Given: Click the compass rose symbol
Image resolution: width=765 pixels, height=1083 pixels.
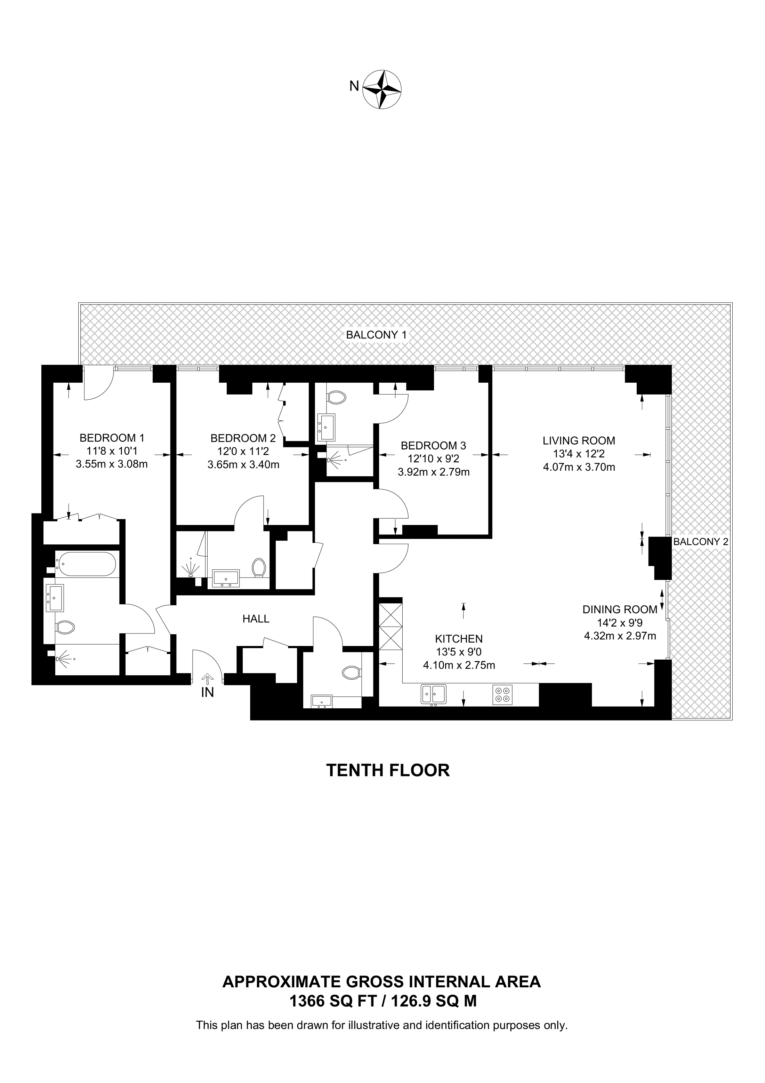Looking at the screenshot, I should (x=382, y=89).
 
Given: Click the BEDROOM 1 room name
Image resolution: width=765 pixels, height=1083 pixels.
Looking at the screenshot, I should (x=112, y=437).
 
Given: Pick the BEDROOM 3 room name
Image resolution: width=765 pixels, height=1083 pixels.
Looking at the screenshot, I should (x=433, y=445).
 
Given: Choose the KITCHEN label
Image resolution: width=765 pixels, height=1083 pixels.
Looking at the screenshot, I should (x=459, y=639).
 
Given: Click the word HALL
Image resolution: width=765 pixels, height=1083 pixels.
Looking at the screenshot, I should (x=256, y=619).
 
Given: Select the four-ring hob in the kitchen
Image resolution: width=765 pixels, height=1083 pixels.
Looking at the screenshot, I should (x=502, y=694).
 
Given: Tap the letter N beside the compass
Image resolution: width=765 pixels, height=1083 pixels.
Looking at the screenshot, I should (x=354, y=86).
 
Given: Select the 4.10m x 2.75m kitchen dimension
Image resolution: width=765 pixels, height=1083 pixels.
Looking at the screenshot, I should (x=459, y=666).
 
